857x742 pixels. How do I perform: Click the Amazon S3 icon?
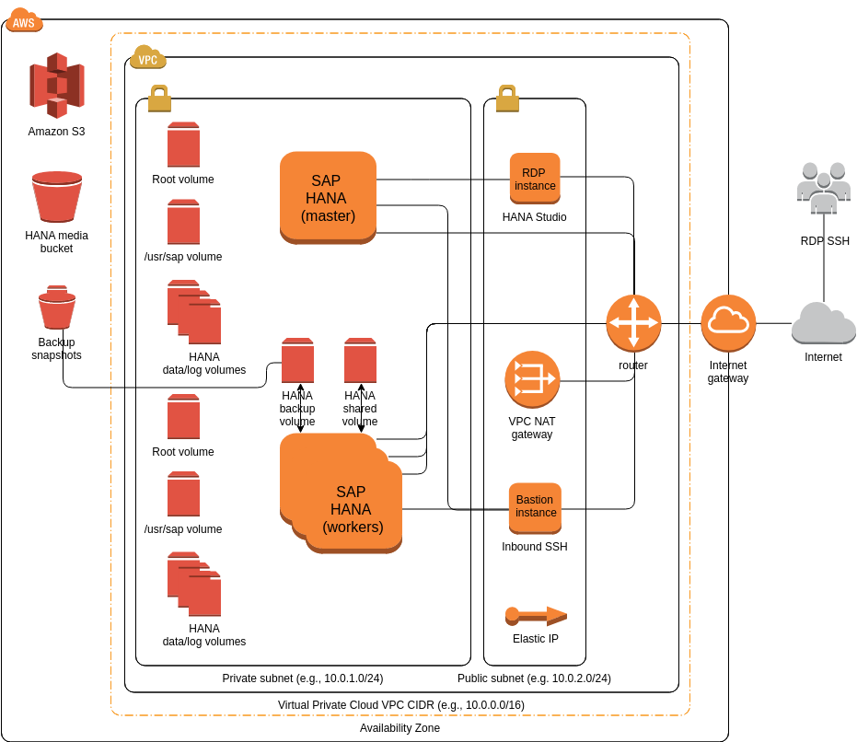tap(56, 86)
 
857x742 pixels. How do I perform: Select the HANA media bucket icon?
tap(57, 196)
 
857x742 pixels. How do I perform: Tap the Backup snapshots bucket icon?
tap(57, 307)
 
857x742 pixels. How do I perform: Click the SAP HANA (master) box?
tap(328, 197)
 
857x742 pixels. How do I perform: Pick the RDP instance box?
tap(535, 179)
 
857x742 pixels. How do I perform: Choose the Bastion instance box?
tap(535, 507)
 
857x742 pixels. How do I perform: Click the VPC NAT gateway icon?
tap(532, 379)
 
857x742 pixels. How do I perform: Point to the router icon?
tap(633, 323)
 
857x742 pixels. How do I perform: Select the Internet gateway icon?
tap(728, 323)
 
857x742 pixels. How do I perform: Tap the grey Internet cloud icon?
tap(823, 323)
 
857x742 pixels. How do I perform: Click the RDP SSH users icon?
tap(823, 189)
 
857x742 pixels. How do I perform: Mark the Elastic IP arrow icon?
tap(536, 616)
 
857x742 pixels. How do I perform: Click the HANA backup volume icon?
tap(297, 360)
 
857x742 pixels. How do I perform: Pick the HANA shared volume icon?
tap(360, 360)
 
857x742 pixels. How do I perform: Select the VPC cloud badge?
tap(147, 57)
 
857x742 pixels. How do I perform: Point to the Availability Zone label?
tap(400, 728)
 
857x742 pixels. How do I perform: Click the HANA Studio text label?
tap(534, 217)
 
